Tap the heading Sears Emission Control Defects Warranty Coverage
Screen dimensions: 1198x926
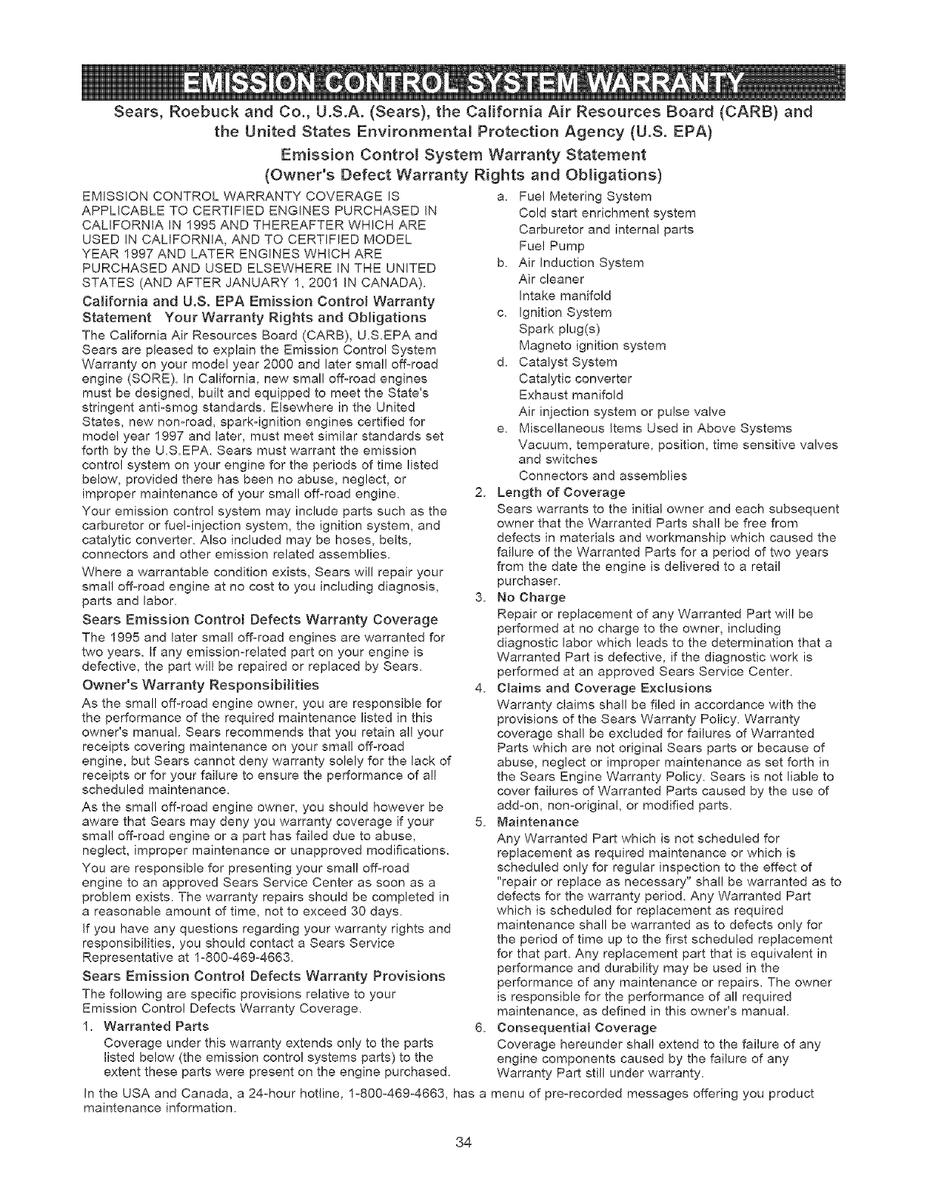pos(259,619)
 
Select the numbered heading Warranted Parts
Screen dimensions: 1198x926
pos(156,1027)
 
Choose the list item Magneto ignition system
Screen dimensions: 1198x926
pos(592,346)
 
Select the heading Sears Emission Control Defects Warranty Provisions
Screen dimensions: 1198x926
pos(264,976)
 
